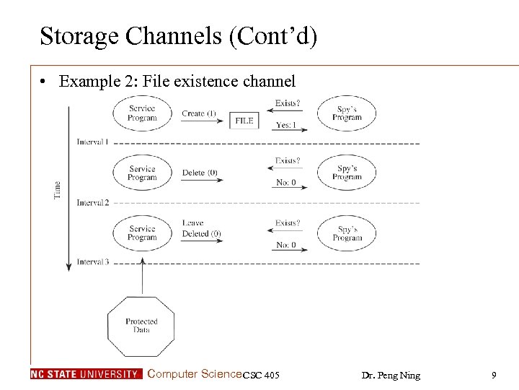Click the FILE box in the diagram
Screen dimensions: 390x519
(x=244, y=121)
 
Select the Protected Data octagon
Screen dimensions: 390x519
(x=141, y=326)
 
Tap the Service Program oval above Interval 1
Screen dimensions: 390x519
(x=142, y=113)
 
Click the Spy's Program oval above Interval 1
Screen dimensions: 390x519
(x=347, y=113)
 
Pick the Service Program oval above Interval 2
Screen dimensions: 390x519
(x=142, y=173)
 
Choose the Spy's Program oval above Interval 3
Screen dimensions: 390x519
(x=347, y=233)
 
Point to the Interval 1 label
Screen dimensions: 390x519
(x=93, y=142)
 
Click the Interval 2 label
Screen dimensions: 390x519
(x=93, y=203)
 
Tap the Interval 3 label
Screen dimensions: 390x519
(x=93, y=262)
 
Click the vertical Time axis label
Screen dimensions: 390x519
(x=58, y=190)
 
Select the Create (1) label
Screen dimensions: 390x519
(x=199, y=113)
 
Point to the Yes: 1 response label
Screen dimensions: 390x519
(x=286, y=124)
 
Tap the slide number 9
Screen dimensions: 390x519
(x=494, y=375)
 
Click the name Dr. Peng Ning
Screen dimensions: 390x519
(x=391, y=375)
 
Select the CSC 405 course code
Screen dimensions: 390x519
(x=261, y=375)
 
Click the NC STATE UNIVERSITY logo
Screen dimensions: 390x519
(x=86, y=374)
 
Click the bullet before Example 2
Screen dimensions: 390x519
(x=45, y=82)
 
